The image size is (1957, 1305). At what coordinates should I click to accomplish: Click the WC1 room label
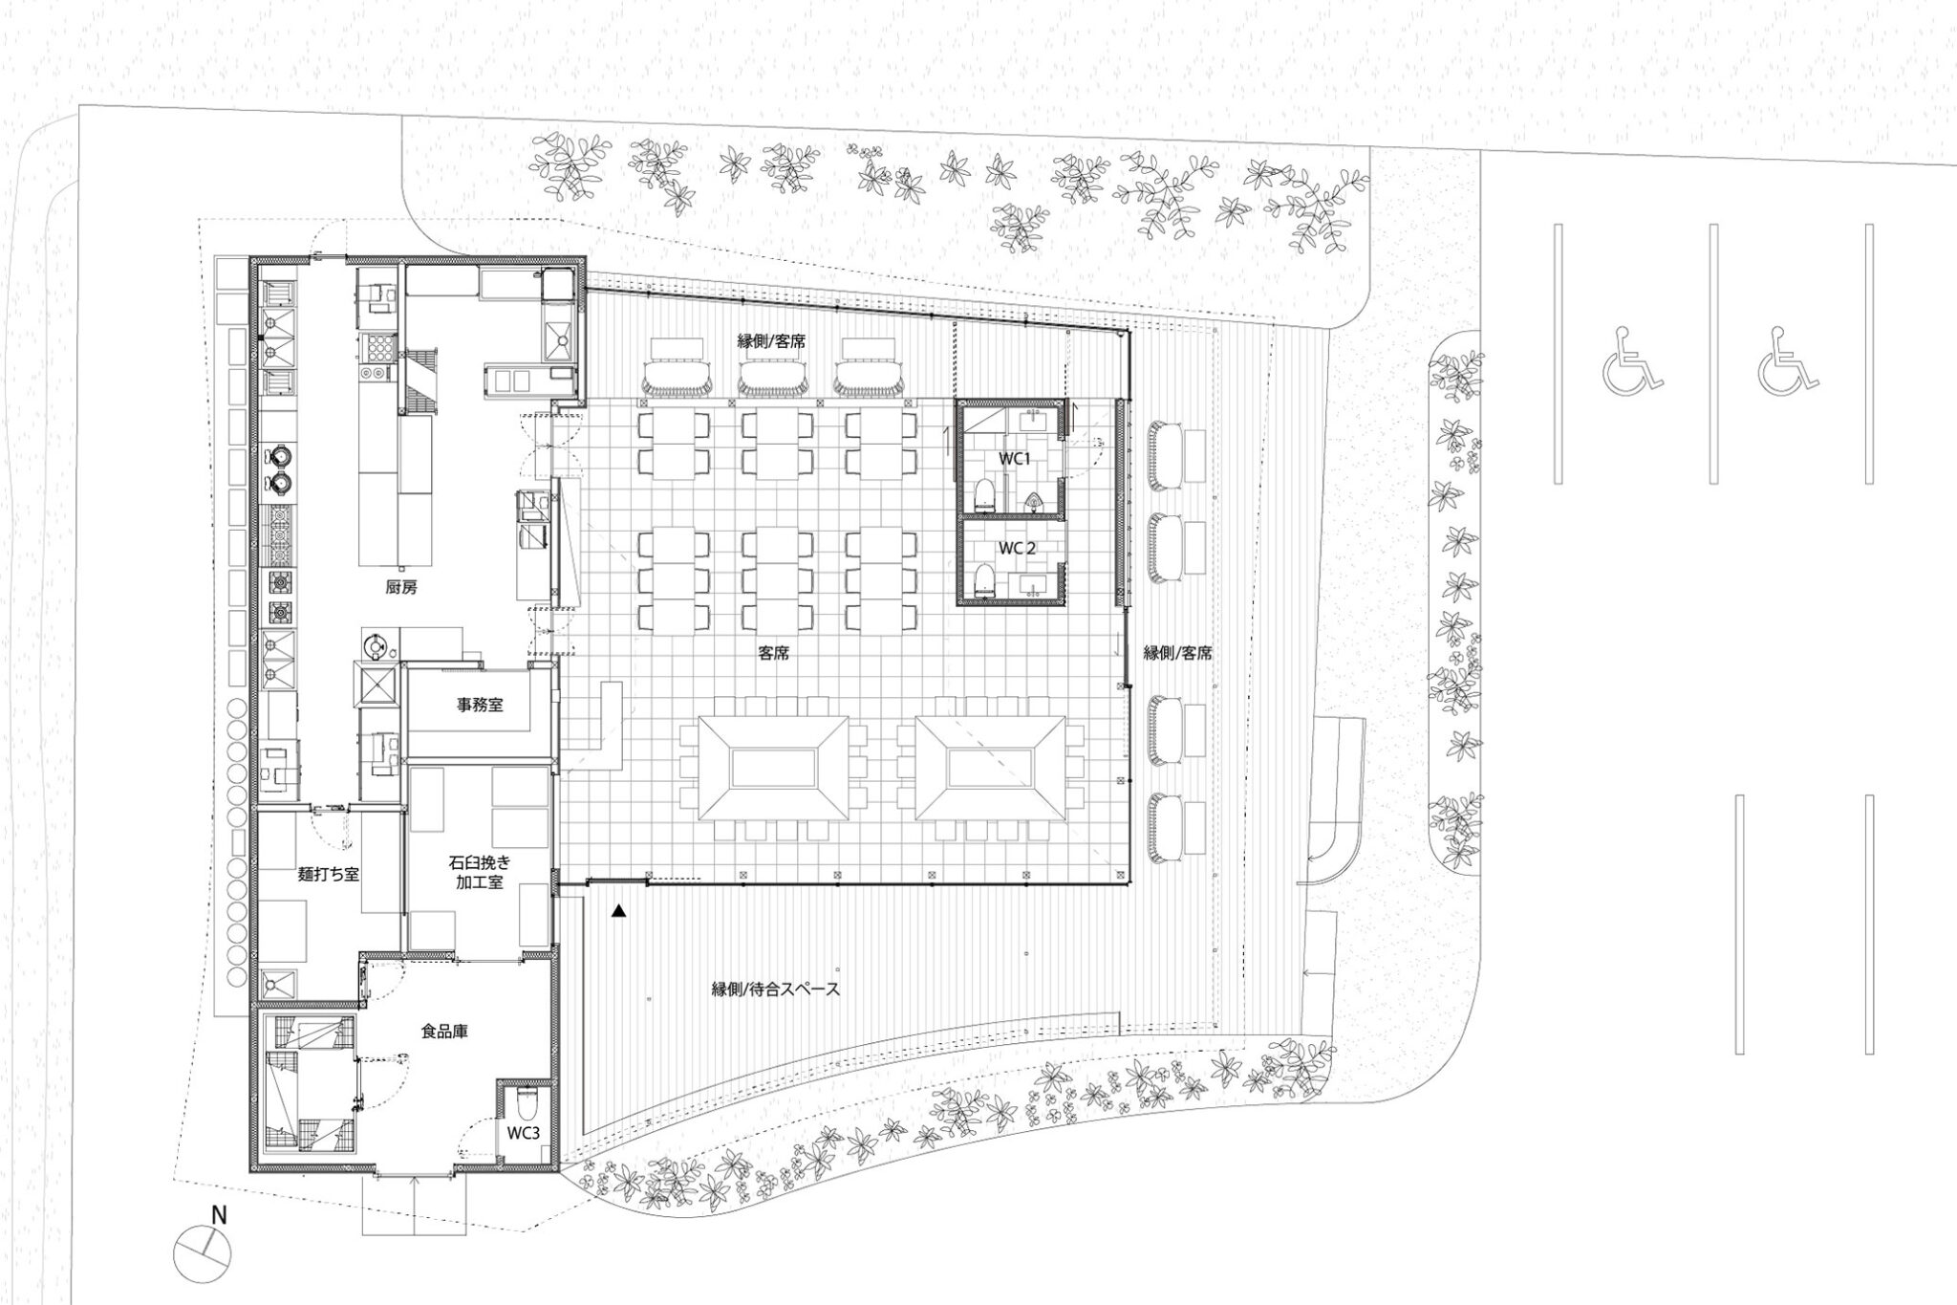click(1014, 458)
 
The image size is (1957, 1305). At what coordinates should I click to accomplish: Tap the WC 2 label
click(1017, 548)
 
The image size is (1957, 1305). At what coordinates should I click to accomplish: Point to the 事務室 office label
click(480, 706)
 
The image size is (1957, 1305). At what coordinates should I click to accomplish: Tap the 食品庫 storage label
click(444, 1032)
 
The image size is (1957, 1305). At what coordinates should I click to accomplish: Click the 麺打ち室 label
click(328, 873)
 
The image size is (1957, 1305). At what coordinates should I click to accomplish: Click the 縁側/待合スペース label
click(776, 990)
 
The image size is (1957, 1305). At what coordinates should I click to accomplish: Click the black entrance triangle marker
click(619, 913)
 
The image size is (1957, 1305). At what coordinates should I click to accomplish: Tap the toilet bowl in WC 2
click(983, 578)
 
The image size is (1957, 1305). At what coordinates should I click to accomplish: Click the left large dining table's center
click(772, 768)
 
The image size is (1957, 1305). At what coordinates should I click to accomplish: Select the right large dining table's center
click(990, 768)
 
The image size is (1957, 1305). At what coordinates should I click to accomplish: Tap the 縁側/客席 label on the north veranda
click(770, 340)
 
